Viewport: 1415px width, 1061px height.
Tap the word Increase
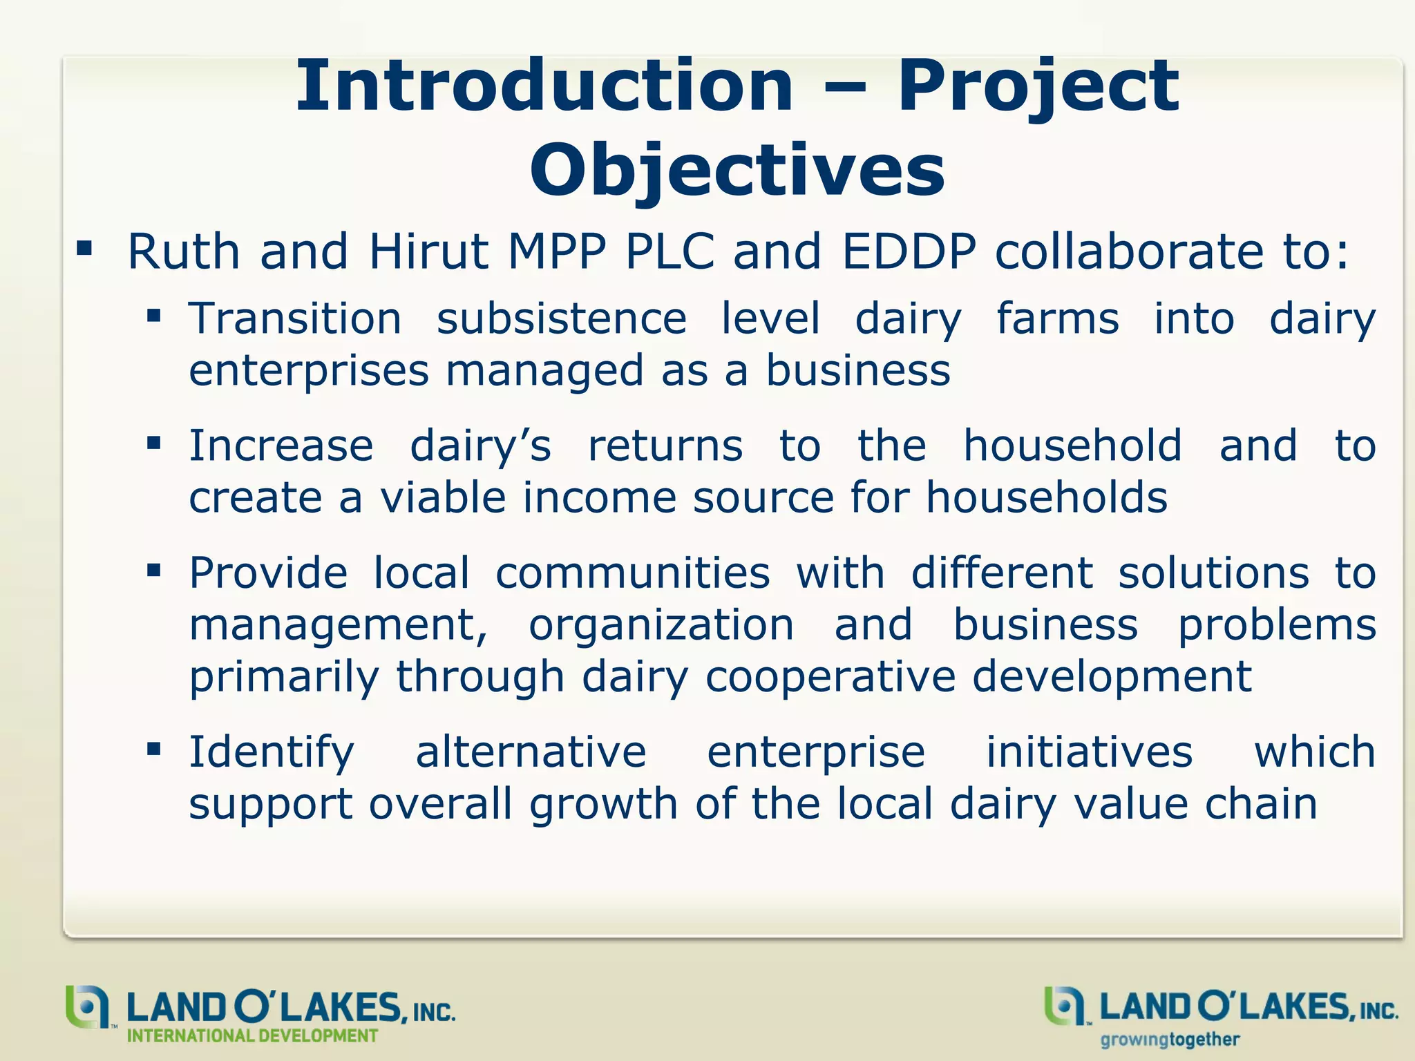click(x=281, y=446)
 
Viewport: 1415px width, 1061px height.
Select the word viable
click(x=442, y=497)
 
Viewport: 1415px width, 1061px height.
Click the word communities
click(x=632, y=573)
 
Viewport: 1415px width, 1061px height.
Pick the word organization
click(x=661, y=625)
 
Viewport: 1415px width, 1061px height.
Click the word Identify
click(x=272, y=752)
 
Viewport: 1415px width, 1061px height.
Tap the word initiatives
click(x=1089, y=752)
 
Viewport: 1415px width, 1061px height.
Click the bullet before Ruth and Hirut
click(x=84, y=249)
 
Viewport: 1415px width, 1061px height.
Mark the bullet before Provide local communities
click(x=153, y=571)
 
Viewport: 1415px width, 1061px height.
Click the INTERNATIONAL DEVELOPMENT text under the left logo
click(x=252, y=1036)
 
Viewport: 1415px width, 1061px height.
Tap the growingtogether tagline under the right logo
click(x=1170, y=1039)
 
